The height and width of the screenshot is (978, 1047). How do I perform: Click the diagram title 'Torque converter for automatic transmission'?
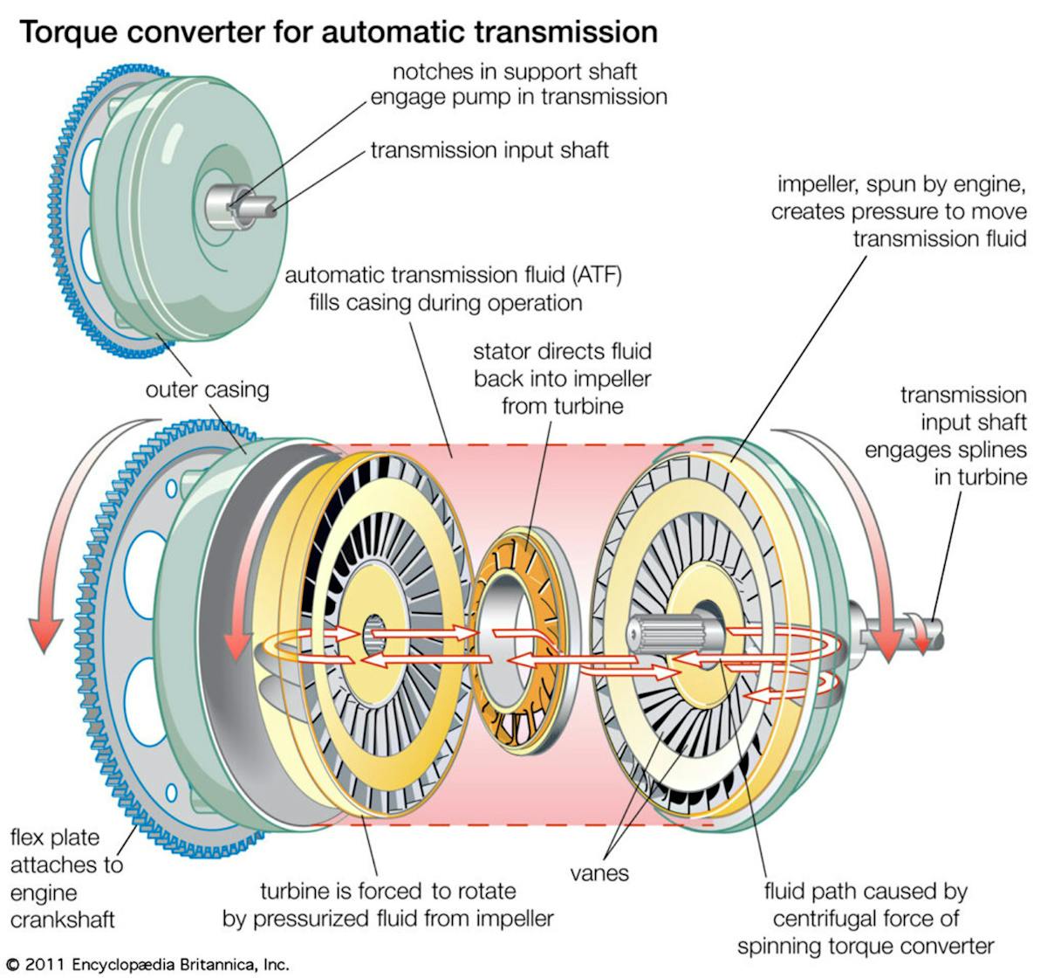[339, 32]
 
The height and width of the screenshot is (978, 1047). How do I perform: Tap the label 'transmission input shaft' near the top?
[489, 150]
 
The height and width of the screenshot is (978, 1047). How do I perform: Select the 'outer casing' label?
[207, 389]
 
